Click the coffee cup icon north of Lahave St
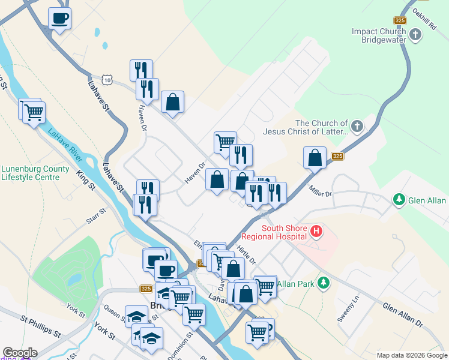[x=59, y=18]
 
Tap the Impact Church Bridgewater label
[x=379, y=35]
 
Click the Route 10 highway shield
[x=106, y=80]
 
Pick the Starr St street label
[x=95, y=216]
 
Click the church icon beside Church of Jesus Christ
[x=357, y=126]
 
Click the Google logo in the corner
[x=20, y=353]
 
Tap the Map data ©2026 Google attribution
[x=411, y=355]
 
